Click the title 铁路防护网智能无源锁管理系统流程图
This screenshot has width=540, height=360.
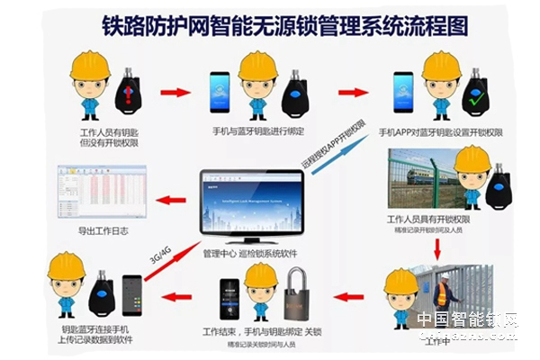pyautogui.click(x=270, y=24)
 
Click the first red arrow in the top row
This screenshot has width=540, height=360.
pyautogui.click(x=175, y=91)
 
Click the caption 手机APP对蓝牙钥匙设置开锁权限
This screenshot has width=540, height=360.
pyautogui.click(x=440, y=132)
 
